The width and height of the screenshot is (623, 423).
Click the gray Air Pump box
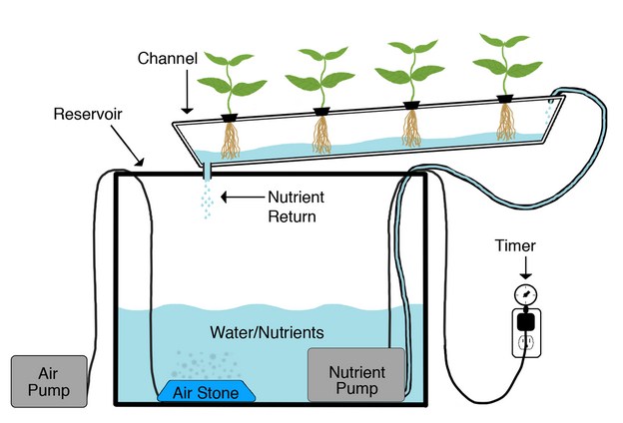48,380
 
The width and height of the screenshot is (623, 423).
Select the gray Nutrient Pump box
355,375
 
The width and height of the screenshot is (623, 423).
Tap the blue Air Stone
206,392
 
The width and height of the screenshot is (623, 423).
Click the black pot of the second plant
322,111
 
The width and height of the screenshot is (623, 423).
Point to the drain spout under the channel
206,171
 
